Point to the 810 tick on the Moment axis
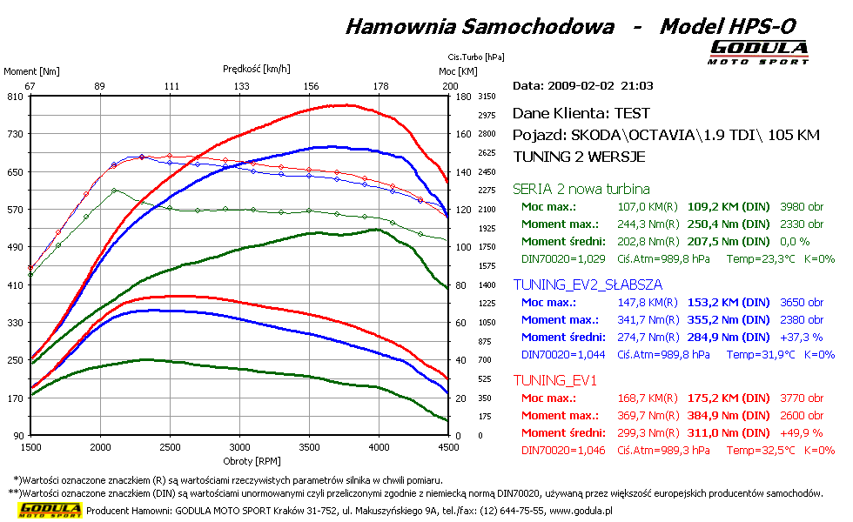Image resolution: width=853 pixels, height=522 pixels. point(16,97)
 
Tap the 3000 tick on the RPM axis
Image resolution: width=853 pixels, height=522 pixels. point(239,447)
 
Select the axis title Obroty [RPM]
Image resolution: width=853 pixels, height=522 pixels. point(239,460)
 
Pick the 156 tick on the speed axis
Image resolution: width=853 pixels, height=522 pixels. point(311,86)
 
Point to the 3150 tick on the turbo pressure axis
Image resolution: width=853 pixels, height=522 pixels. point(487,97)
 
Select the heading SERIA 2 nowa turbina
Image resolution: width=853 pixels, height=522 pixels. point(581,189)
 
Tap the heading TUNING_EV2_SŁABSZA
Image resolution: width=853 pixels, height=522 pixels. point(588,284)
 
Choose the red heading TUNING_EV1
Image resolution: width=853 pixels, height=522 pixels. point(550,380)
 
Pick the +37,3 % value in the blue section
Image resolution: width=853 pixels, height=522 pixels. point(799,338)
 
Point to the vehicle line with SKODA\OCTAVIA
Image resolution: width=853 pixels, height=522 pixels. point(667,136)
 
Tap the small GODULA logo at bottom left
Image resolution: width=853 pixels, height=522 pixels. point(50,510)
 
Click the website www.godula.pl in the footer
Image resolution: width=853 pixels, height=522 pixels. point(581,512)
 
